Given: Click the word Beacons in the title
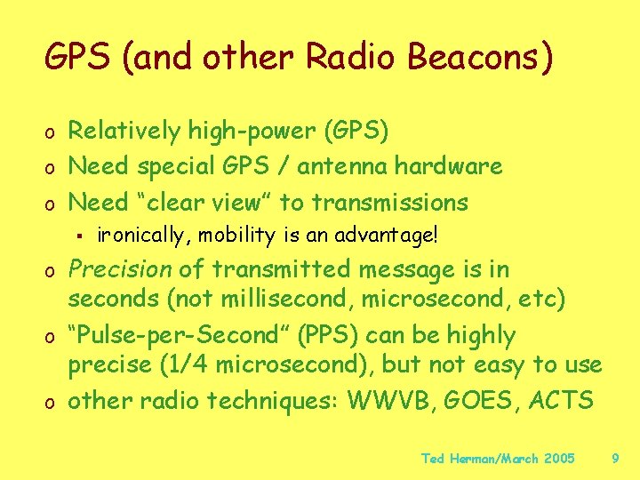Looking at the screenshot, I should [481, 57].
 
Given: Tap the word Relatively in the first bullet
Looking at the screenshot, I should [125, 131].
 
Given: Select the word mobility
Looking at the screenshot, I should [230, 236].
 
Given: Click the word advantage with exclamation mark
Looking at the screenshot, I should [395, 236].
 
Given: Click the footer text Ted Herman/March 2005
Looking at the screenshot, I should [498, 459].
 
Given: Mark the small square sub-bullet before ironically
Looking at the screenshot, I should [80, 236].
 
